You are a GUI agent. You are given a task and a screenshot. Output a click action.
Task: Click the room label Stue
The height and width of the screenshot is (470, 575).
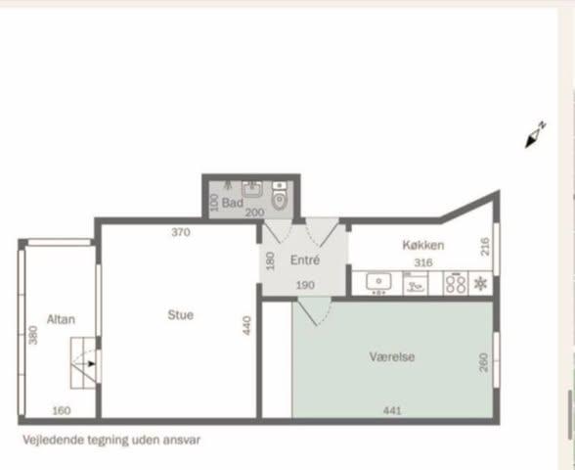[x=180, y=315]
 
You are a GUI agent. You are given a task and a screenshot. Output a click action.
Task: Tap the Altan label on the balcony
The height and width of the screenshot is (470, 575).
[x=61, y=319]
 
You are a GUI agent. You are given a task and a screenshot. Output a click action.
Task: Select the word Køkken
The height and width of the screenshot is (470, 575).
[x=423, y=245]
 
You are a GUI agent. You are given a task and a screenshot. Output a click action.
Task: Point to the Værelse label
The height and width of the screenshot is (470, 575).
[x=391, y=356]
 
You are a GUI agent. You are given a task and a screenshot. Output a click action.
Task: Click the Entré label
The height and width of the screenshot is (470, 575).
[x=305, y=260]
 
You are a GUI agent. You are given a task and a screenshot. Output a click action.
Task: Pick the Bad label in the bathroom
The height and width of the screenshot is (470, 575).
[x=233, y=203]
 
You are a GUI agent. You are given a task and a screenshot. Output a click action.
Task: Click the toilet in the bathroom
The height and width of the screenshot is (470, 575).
[x=280, y=196]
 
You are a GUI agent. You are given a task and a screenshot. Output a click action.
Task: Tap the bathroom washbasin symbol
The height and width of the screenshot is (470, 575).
[x=252, y=189]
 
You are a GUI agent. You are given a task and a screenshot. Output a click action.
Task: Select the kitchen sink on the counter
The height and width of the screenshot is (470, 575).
[x=378, y=282]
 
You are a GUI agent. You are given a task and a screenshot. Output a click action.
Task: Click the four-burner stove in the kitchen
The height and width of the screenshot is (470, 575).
[x=456, y=284]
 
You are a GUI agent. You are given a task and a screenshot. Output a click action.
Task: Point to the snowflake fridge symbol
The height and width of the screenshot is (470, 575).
[x=480, y=284]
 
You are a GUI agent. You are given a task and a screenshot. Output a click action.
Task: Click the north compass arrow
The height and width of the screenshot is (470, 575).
[x=535, y=135]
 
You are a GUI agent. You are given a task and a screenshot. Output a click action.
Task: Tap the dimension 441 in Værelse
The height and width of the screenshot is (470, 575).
[x=392, y=410]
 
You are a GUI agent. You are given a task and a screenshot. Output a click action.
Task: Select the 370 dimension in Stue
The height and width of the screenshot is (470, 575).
[x=181, y=232]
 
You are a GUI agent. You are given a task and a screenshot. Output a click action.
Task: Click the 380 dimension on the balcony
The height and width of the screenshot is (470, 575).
[x=33, y=335]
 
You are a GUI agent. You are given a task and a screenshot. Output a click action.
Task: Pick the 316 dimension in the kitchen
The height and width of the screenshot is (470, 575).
[x=423, y=262]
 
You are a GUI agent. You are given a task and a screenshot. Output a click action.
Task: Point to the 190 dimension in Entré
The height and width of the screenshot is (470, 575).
[x=305, y=285]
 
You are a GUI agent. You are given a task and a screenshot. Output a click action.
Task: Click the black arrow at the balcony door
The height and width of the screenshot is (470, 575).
[x=91, y=363]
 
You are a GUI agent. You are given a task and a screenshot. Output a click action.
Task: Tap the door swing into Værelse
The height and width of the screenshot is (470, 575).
[x=314, y=311]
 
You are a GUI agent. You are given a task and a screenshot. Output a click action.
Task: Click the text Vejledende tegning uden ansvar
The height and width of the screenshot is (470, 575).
[x=111, y=440]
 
